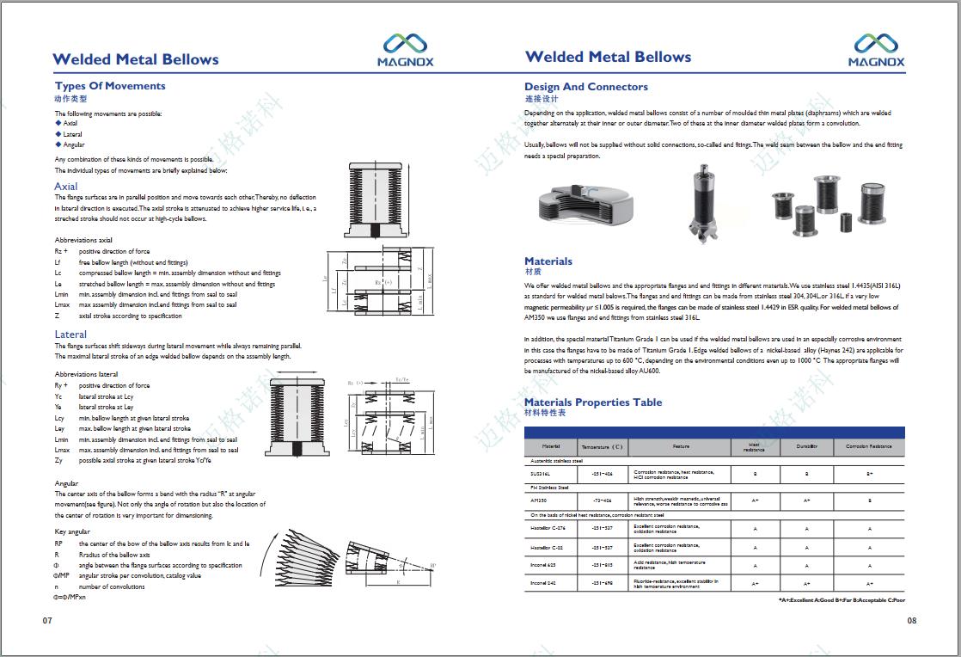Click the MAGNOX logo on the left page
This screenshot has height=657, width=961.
coord(405,50)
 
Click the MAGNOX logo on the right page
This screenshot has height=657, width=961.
coord(876,50)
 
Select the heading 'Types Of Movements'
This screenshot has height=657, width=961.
coord(110,86)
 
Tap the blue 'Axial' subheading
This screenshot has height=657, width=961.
coord(66,187)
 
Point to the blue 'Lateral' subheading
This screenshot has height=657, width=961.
coord(70,335)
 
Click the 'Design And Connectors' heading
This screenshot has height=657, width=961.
coord(586,87)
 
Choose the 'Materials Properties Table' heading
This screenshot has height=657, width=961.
coord(593,402)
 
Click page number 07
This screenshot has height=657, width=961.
coord(48,620)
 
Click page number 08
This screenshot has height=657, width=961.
coord(912,620)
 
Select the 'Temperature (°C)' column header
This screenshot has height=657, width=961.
coord(602,447)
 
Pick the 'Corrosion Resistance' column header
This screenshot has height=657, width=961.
coord(869,447)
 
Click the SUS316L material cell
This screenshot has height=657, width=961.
coord(541,473)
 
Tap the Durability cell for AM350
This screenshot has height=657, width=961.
coord(806,500)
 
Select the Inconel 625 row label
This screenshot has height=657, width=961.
coord(544,564)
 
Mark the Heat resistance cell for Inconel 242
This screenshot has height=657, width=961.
coord(755,583)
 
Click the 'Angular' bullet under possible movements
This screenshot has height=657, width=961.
coord(74,144)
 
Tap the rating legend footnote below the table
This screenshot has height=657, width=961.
coord(842,599)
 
